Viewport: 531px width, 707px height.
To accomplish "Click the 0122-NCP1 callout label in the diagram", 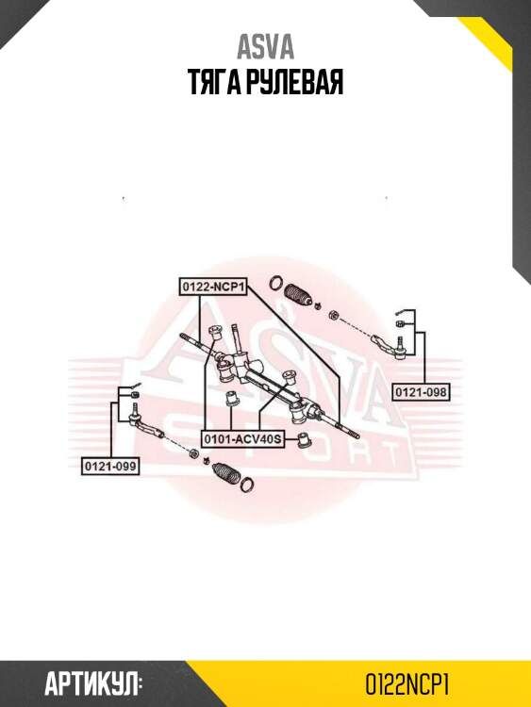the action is click(213, 287).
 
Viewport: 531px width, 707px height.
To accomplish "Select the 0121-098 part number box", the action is click(421, 392).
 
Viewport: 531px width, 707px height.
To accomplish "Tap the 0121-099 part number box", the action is click(110, 466).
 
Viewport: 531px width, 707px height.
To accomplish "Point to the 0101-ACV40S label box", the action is click(243, 438).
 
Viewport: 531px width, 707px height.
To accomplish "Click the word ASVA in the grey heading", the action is click(266, 47).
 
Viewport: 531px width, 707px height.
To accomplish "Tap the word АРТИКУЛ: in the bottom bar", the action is click(93, 685).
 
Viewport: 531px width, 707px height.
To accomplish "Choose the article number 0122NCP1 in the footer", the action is click(407, 685).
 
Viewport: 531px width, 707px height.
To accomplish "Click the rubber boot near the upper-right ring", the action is click(298, 296).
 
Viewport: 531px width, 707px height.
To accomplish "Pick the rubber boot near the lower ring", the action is click(226, 473).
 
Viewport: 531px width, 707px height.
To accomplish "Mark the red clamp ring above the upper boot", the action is click(276, 282).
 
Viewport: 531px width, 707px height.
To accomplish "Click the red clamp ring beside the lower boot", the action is click(247, 484).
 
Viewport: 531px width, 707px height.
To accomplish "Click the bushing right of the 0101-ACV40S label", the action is click(307, 440).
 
